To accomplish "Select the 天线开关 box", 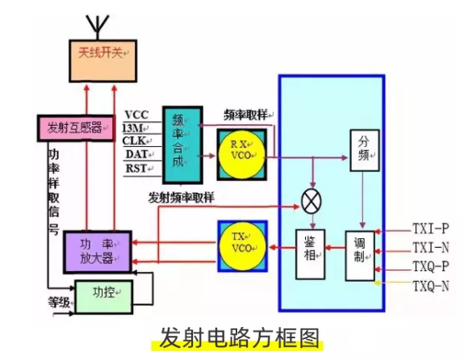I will click(x=100, y=53).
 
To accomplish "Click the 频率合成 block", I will click(x=178, y=144).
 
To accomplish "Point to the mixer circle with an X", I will click(x=311, y=200).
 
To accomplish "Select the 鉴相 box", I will click(x=311, y=253).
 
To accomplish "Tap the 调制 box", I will click(x=362, y=253).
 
